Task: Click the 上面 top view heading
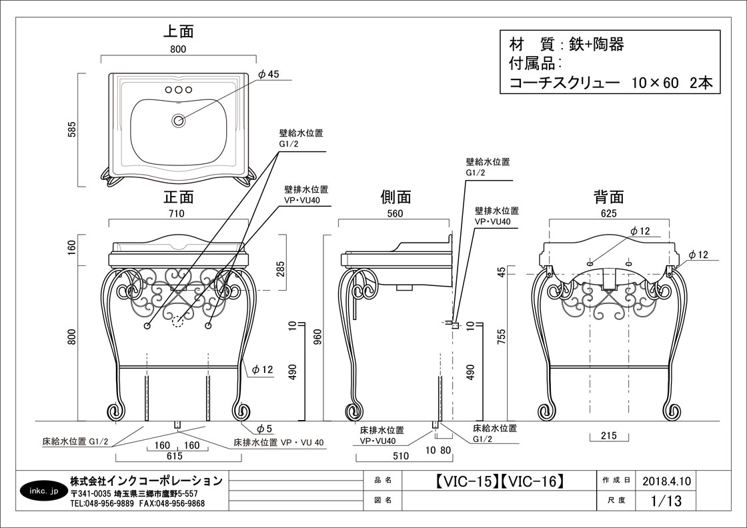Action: coord(178,31)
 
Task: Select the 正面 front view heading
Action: coord(178,197)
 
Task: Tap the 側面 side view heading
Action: coord(396,197)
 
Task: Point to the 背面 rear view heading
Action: coord(608,197)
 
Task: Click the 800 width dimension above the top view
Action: coord(178,49)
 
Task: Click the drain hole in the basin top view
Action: coord(178,121)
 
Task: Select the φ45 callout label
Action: coord(268,74)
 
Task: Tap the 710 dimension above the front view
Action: coord(176,213)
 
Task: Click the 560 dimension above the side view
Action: coord(395,213)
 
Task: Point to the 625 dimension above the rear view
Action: coord(608,213)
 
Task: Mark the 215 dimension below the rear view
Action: coord(609,437)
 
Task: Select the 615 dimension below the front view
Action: coord(175,457)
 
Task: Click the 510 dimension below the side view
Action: coord(400,457)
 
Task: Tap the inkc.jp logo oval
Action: coord(44,491)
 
